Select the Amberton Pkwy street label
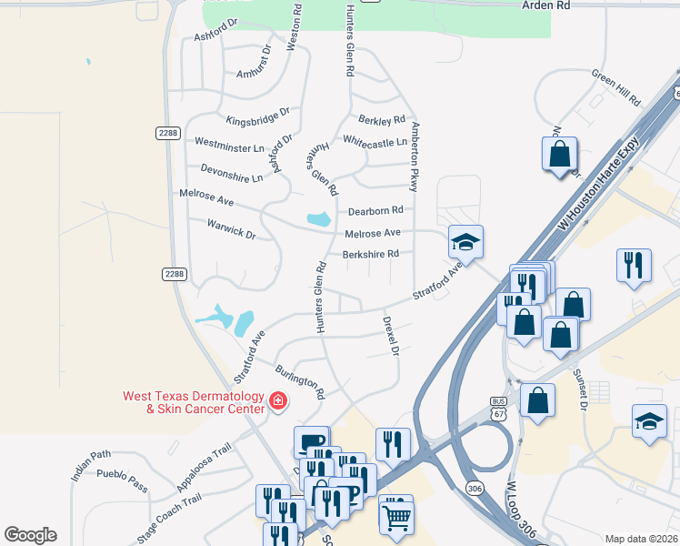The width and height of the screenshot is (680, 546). [414, 157]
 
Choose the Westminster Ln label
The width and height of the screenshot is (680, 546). [229, 144]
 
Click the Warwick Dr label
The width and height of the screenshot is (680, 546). [231, 227]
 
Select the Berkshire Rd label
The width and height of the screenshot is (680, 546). [371, 254]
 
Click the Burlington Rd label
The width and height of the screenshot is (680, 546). [300, 382]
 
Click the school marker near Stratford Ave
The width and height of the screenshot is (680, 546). [465, 242]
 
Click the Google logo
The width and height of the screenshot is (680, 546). [30, 535]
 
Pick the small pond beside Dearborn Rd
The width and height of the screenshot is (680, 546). [318, 219]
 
